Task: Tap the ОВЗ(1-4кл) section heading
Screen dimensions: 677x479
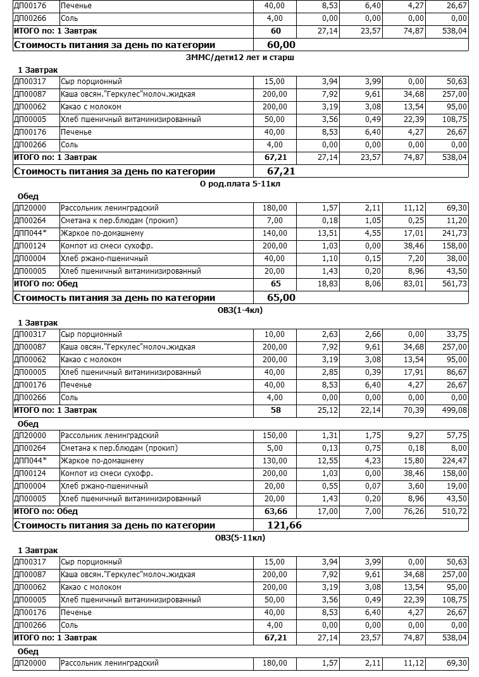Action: [240, 310]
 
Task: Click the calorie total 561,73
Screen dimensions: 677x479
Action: [454, 284]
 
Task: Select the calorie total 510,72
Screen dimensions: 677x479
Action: [454, 511]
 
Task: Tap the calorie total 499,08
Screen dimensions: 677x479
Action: [454, 410]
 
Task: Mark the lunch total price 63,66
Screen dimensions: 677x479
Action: [275, 511]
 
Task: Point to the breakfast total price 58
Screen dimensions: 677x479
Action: [276, 410]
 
